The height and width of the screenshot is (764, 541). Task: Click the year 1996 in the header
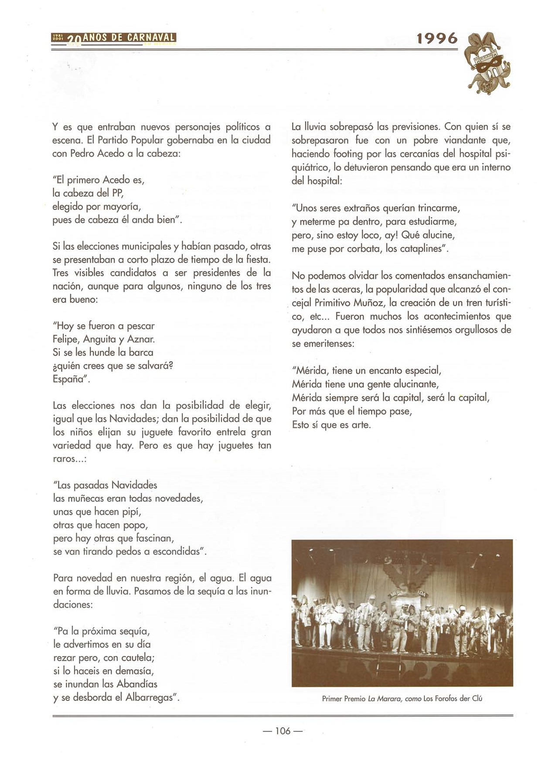point(437,38)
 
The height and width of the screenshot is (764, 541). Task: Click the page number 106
point(282,730)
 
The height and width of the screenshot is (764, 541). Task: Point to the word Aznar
point(141,339)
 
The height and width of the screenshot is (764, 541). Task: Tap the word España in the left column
point(70,379)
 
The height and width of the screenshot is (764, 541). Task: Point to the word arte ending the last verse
point(361,425)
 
